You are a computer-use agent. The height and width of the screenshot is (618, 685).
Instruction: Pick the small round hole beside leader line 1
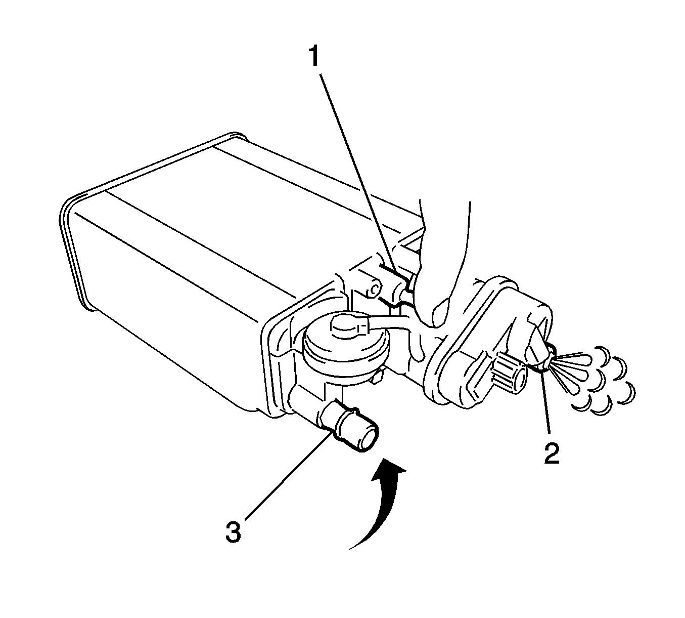(x=375, y=290)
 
